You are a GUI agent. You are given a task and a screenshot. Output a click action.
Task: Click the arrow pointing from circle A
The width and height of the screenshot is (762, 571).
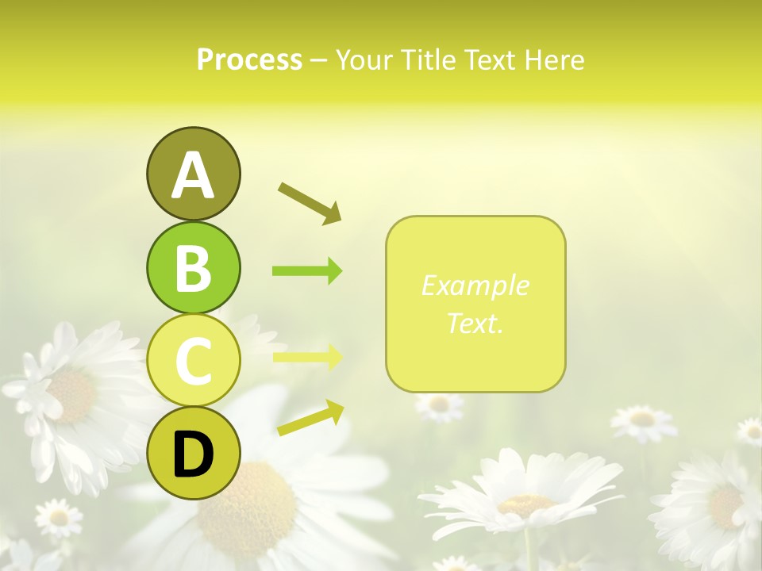(x=310, y=202)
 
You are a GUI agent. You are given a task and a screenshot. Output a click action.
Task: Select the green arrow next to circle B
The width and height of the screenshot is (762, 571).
(x=307, y=271)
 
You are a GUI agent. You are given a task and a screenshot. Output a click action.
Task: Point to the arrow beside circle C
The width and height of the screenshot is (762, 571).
(x=307, y=356)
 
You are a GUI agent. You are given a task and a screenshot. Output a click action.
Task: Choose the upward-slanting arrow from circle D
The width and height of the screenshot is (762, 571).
(x=310, y=418)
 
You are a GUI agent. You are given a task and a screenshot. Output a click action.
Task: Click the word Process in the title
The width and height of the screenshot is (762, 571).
(x=249, y=59)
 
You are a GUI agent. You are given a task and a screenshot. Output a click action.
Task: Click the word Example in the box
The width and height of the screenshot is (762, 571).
(x=475, y=285)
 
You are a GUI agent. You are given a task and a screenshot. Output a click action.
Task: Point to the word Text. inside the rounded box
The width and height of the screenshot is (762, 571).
(x=475, y=323)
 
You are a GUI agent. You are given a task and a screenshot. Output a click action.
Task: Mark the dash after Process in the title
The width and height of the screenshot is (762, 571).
(x=318, y=60)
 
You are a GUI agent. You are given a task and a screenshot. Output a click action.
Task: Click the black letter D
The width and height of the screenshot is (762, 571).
(x=193, y=454)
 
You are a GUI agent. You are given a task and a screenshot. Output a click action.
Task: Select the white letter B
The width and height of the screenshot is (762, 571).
(x=193, y=267)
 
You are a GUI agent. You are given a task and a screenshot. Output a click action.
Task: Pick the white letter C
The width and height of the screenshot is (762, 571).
(x=193, y=361)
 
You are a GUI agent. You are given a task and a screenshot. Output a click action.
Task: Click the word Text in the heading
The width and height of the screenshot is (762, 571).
(x=492, y=59)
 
